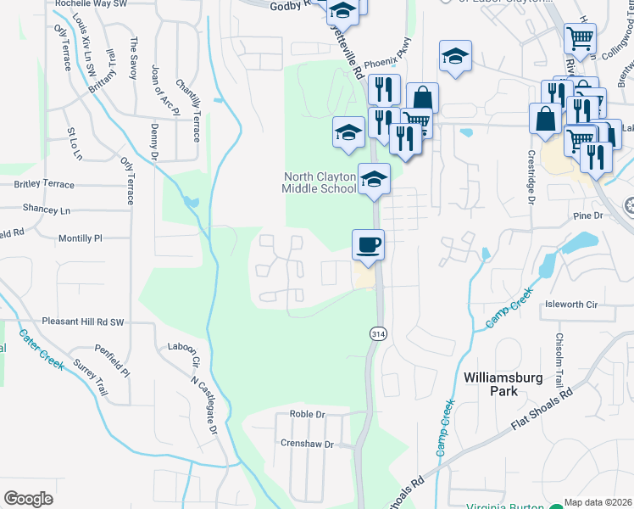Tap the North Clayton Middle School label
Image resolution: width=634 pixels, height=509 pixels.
(x=320, y=182)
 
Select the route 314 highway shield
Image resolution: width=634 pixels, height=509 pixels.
(x=374, y=334)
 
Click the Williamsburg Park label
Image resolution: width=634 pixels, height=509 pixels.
(x=503, y=383)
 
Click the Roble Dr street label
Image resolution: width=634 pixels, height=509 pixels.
(x=308, y=414)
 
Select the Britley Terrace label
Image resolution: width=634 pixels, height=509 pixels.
(x=44, y=184)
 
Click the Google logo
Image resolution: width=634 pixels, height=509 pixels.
(x=28, y=499)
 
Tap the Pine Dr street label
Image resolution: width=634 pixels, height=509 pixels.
(x=586, y=216)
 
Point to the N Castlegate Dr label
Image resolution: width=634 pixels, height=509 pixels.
(x=204, y=406)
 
